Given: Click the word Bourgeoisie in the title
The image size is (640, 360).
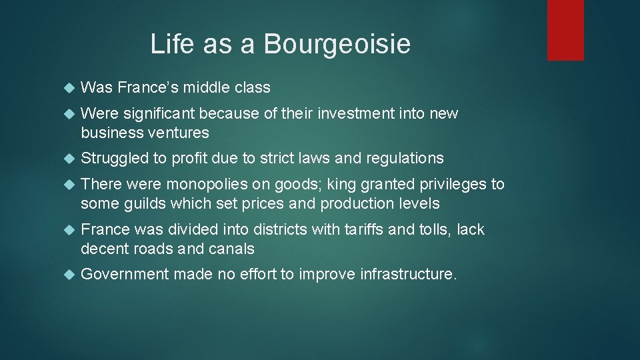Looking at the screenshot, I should (x=337, y=45).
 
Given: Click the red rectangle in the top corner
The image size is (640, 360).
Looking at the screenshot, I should (x=565, y=30).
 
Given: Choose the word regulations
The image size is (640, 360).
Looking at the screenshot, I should (x=403, y=158).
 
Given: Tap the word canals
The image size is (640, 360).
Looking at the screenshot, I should (x=233, y=249).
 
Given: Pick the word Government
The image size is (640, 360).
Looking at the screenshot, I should (x=125, y=274).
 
